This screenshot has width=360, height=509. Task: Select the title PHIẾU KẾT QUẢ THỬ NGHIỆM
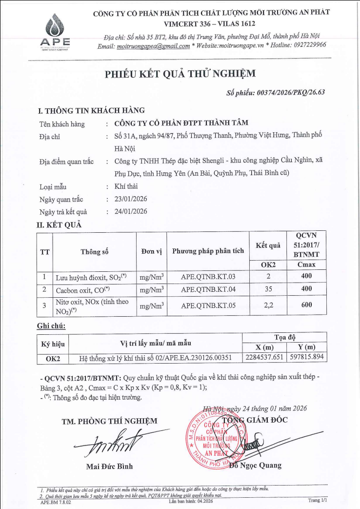(180, 74)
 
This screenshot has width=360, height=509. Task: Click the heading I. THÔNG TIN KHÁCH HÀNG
(91, 110)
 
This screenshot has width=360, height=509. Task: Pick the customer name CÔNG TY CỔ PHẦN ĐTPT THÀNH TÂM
(181, 123)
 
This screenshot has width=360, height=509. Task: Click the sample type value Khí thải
(126, 186)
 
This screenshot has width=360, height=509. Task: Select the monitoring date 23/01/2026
(131, 199)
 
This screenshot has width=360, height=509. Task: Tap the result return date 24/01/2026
(131, 212)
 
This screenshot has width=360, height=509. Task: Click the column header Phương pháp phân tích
(208, 251)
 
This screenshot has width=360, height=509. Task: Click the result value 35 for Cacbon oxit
(268, 289)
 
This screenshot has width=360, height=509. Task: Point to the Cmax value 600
(306, 306)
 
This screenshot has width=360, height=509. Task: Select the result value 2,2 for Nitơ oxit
(268, 306)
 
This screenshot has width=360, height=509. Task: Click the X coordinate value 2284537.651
(264, 358)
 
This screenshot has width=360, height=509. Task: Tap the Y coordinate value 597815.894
(307, 358)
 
